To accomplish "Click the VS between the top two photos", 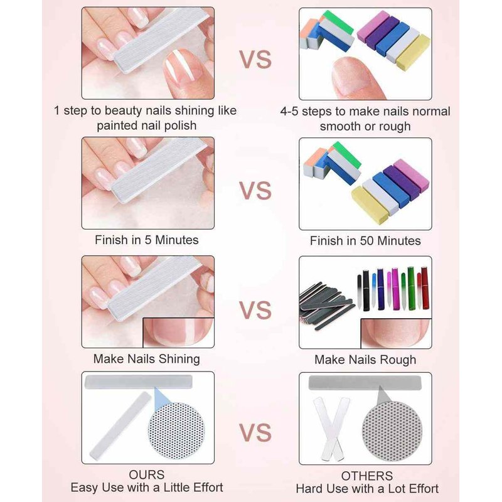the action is click(x=255, y=60).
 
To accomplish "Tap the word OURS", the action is click(x=147, y=474).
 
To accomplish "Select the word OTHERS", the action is click(x=367, y=476).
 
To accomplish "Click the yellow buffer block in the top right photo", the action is click(x=414, y=52).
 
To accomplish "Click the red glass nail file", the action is click(x=425, y=288).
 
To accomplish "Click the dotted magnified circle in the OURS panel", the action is click(x=176, y=430).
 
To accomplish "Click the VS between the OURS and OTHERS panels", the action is click(x=255, y=432).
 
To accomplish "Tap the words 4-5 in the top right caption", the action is click(x=291, y=112).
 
